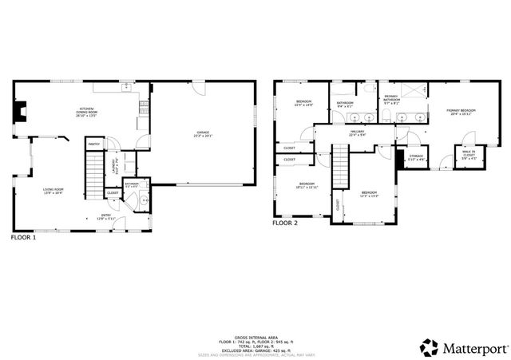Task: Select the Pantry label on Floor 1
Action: coord(93,144)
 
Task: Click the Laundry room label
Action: coord(117,168)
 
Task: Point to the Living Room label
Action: coord(53,190)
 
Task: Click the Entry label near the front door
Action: coord(106,217)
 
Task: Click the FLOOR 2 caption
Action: coord(285,224)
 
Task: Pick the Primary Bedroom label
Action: coord(461,112)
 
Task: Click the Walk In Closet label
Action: coord(469,156)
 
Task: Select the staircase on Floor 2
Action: coord(342,170)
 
